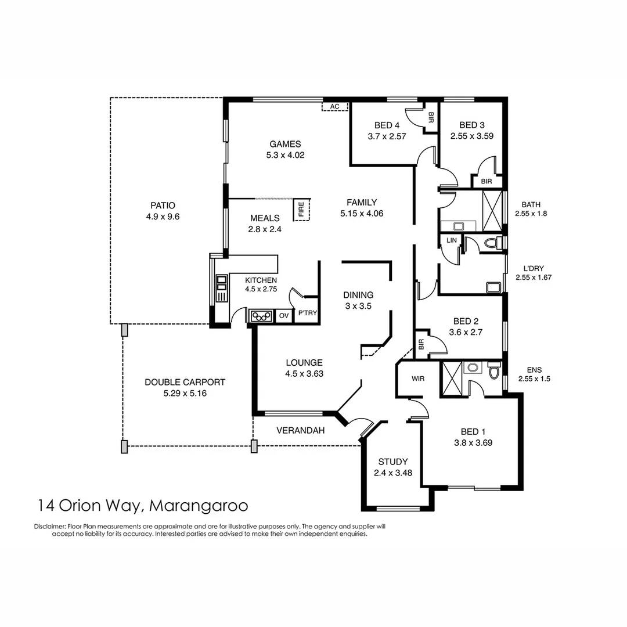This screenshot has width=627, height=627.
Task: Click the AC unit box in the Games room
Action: [334, 107]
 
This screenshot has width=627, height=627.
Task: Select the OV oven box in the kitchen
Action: [283, 316]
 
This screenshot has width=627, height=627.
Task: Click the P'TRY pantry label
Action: [307, 313]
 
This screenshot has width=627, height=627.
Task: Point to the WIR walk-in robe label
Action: [417, 379]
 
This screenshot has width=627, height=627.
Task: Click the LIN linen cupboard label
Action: [451, 240]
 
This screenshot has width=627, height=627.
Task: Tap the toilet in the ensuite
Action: [494, 370]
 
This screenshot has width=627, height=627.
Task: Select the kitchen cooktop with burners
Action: [261, 316]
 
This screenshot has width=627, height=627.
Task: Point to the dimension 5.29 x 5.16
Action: [185, 393]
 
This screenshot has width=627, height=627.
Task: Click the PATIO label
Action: [163, 206]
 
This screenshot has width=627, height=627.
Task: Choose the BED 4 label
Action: [387, 125]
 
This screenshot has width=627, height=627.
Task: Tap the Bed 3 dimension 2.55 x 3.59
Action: [472, 136]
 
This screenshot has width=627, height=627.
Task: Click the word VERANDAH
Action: [300, 431]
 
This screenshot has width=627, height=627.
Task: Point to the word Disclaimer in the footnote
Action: [51, 527]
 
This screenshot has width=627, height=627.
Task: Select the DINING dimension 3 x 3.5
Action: [358, 305]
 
